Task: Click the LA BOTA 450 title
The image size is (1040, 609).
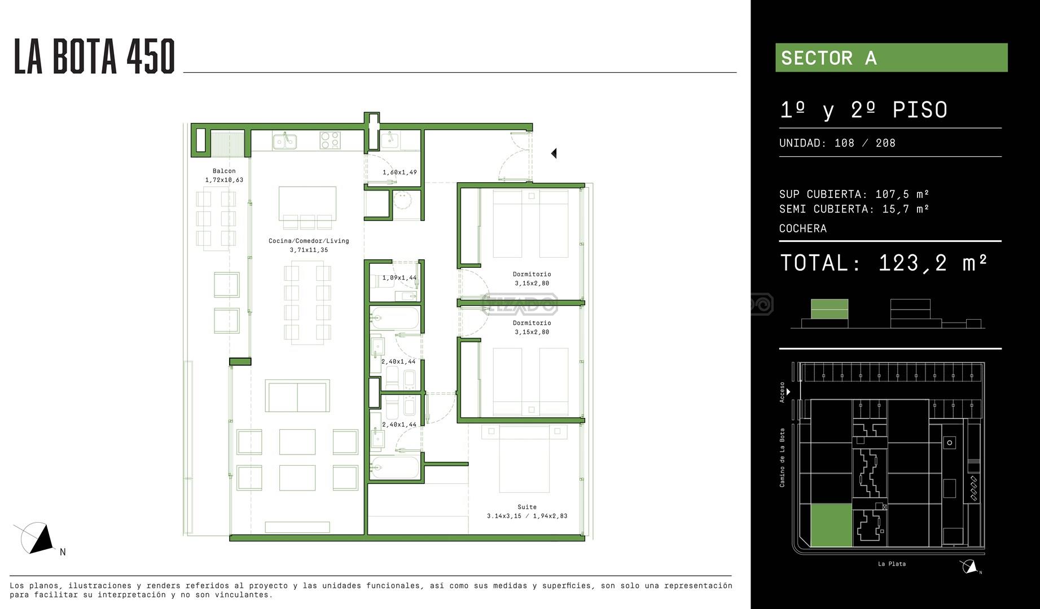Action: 94,56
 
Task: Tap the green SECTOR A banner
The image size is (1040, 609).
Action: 891,58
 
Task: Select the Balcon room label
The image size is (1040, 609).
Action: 224,171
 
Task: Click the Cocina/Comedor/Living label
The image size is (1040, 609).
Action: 309,241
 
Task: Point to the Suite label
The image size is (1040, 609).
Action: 527,507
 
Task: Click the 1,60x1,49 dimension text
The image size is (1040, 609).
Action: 400,173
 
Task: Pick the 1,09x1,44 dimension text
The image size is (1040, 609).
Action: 400,278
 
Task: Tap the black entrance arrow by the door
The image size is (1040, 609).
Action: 554,153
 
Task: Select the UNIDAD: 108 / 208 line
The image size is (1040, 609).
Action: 837,143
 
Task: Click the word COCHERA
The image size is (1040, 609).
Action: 803,228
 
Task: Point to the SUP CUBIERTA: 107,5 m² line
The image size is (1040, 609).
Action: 854,194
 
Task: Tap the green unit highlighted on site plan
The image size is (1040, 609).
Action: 831,526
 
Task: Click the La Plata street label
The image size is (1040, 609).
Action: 892,564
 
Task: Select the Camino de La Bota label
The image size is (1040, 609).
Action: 782,458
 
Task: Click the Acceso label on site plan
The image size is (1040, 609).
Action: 782,392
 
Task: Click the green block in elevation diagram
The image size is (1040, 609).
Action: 830,310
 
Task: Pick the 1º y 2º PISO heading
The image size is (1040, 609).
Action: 863,110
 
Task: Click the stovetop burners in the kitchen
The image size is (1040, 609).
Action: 330,140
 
